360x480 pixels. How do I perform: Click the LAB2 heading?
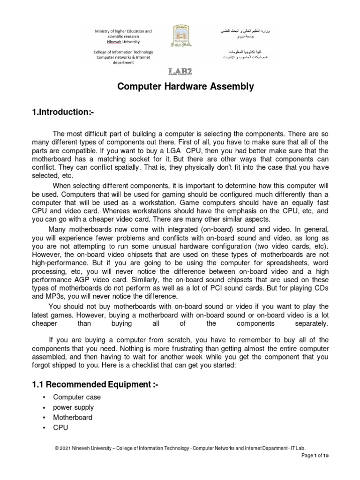(x=180, y=71)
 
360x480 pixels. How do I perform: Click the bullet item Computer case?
(x=77, y=397)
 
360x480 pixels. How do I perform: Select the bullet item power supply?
(x=73, y=407)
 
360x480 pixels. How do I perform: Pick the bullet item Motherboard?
(x=73, y=418)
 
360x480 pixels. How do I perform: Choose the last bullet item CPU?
(x=60, y=427)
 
